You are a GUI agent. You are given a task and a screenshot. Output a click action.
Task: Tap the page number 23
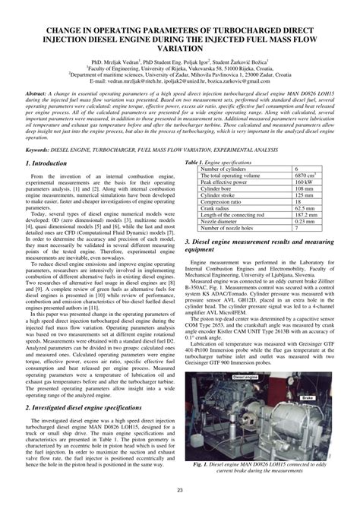click(x=180, y=491)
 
